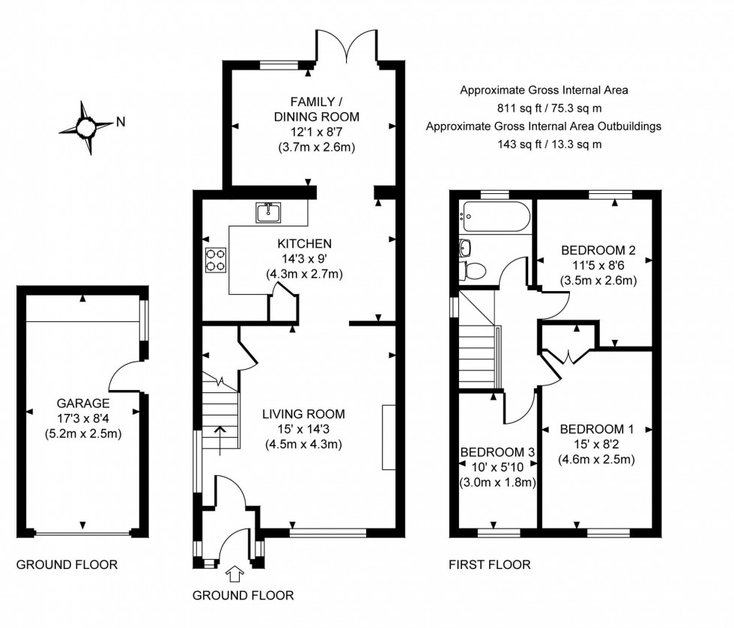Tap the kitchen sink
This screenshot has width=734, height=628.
click(x=268, y=213)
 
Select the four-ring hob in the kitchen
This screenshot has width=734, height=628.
click(x=216, y=259)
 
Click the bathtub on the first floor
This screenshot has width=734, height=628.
click(x=497, y=217)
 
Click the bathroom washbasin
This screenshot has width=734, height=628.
click(x=466, y=247)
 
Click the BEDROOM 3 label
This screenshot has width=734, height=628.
click(x=497, y=452)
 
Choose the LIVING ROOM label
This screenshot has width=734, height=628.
click(x=303, y=413)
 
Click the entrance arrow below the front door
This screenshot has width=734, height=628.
click(x=234, y=575)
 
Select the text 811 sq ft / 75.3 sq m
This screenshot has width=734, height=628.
click(x=544, y=108)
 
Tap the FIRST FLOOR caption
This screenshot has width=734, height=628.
click(x=490, y=565)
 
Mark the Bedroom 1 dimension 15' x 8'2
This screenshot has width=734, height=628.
click(x=596, y=445)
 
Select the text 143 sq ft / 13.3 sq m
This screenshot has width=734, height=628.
click(x=544, y=144)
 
